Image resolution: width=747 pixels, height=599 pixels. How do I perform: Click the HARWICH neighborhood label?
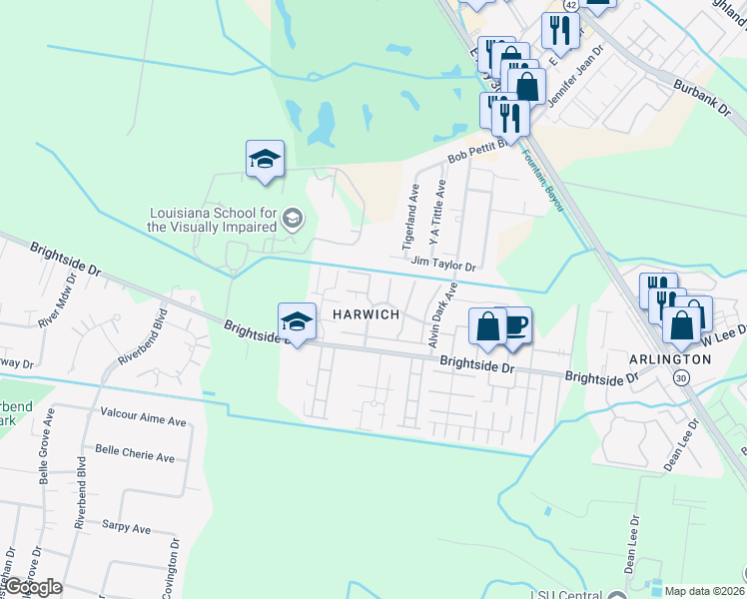[x=360, y=314]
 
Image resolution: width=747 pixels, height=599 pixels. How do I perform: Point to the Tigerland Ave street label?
[x=409, y=217]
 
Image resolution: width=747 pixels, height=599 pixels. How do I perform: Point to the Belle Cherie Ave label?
[x=134, y=457]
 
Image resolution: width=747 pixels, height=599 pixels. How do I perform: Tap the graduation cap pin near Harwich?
[x=297, y=322]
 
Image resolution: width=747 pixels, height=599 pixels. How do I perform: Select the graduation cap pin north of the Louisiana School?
[x=265, y=159]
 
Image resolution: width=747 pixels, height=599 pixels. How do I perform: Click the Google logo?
[x=33, y=587]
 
